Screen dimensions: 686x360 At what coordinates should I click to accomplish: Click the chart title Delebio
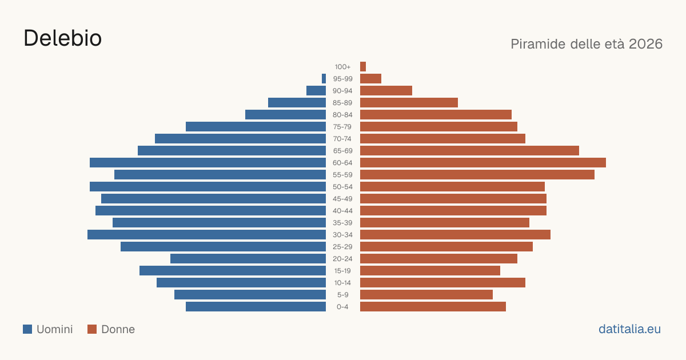[62, 38]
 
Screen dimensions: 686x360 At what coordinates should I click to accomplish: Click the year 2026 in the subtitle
[645, 44]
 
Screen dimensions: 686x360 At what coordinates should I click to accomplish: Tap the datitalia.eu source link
[629, 329]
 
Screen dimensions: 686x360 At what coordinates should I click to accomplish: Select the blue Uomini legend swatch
[27, 329]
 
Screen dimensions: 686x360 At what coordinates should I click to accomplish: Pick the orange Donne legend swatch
[92, 329]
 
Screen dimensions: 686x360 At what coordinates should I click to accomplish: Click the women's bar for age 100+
[363, 66]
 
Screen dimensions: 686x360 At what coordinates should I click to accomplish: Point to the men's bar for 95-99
[324, 79]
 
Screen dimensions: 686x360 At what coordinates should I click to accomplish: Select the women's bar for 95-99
[370, 79]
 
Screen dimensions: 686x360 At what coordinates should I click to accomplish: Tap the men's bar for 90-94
[316, 91]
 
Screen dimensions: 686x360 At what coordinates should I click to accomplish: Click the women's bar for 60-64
[483, 162]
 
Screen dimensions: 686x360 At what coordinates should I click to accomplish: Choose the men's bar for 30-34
[207, 234]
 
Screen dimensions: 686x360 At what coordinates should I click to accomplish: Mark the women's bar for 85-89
[409, 102]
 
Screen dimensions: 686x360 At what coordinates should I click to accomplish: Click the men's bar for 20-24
[248, 259]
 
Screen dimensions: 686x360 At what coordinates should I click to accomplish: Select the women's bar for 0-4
[433, 306]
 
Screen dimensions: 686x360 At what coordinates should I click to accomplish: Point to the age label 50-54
[342, 187]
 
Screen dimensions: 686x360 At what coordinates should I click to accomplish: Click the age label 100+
[342, 67]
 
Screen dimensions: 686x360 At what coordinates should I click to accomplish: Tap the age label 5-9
[342, 295]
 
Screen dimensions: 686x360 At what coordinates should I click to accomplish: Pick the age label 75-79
[342, 127]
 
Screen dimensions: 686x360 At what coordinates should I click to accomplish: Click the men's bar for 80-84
[285, 114]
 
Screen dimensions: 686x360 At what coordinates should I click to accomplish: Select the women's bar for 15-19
[430, 271]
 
